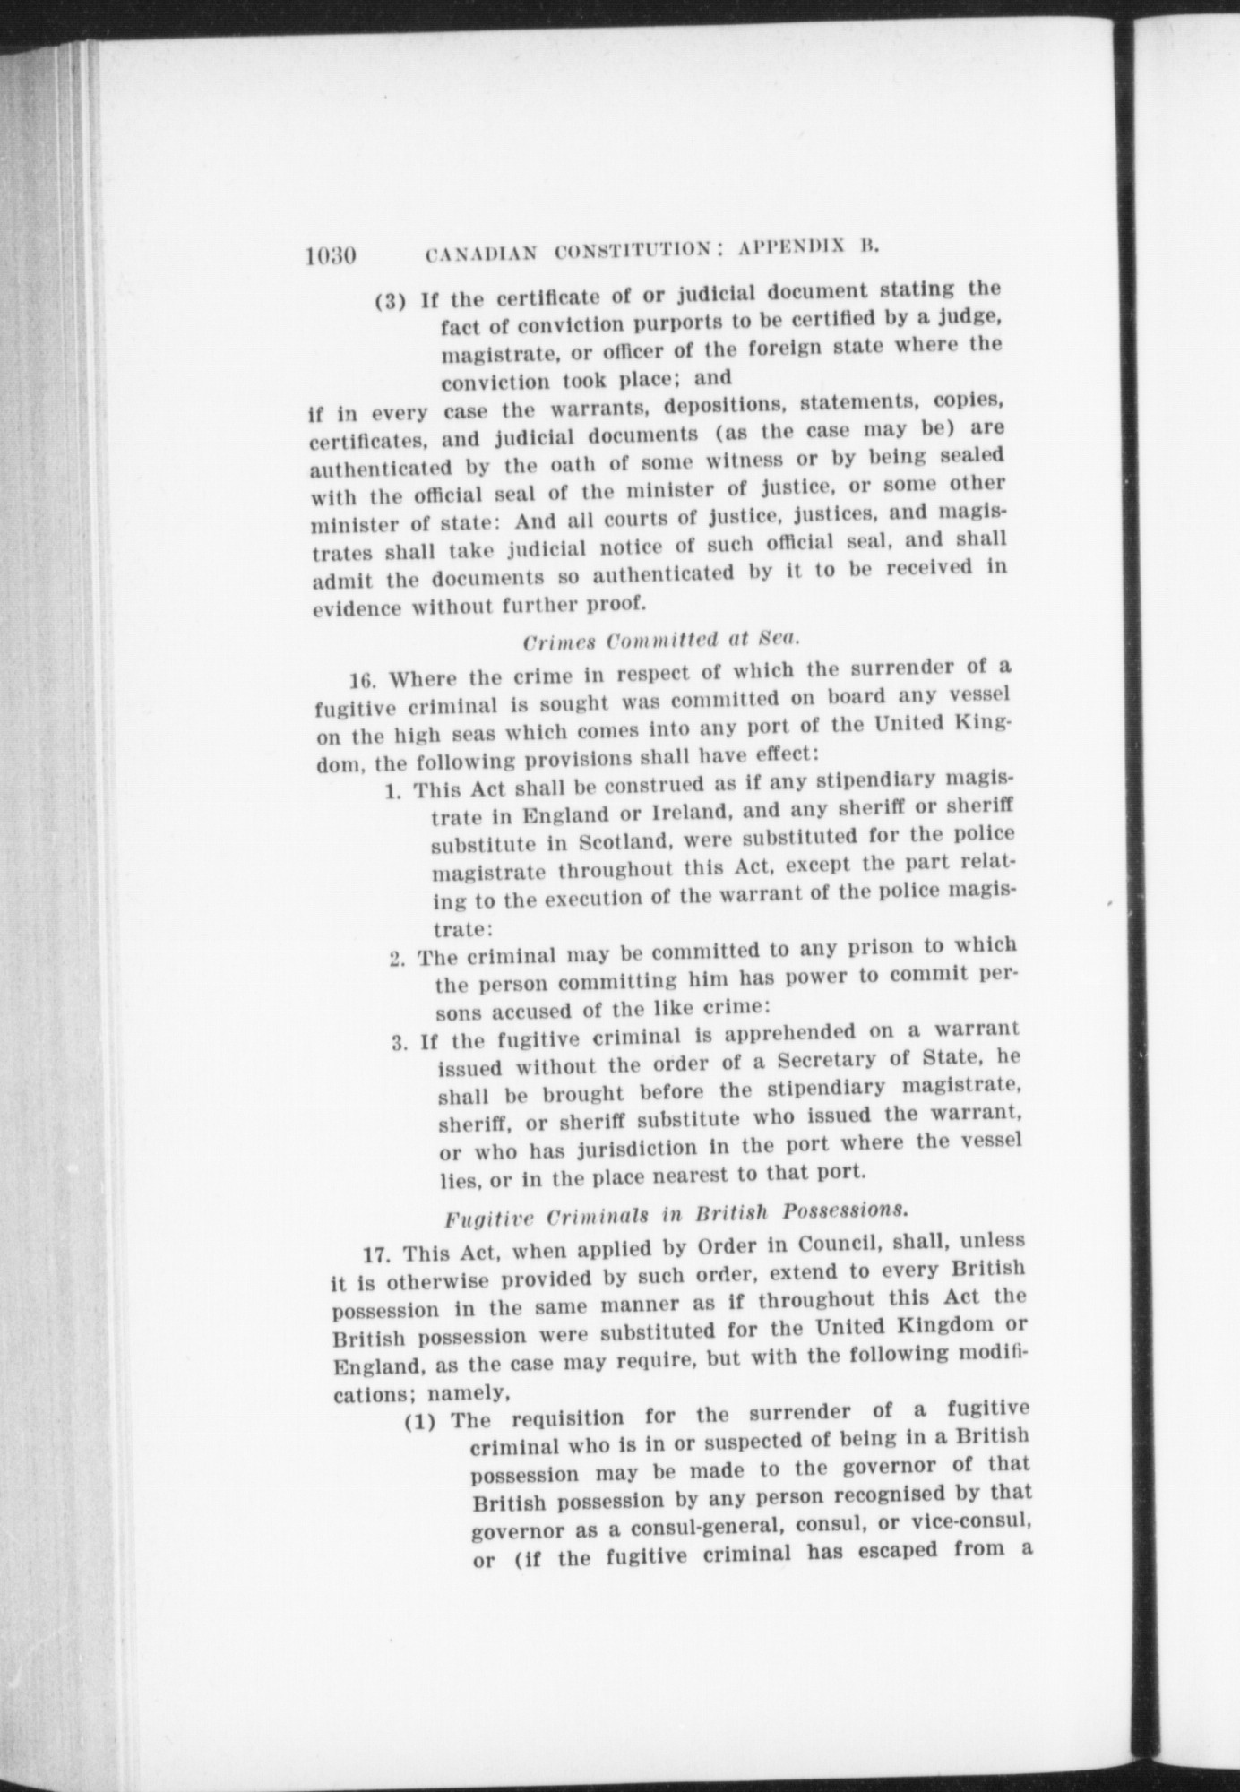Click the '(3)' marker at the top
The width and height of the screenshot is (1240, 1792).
coord(392,300)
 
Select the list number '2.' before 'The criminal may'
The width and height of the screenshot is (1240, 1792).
coord(399,959)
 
